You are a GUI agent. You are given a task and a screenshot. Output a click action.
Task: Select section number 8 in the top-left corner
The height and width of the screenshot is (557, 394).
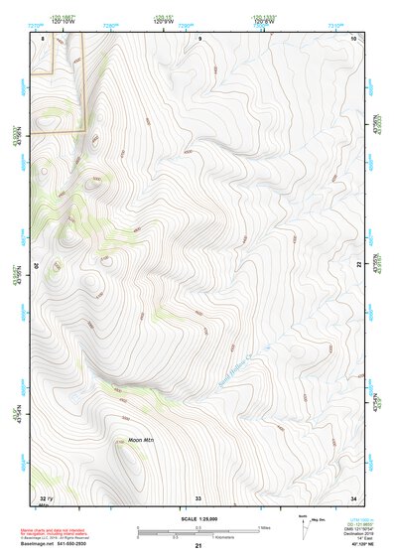click(43, 37)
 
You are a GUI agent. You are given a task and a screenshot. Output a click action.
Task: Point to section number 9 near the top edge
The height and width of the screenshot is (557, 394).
click(199, 37)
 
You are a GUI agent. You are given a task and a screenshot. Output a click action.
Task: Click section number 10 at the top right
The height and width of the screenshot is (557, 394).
click(354, 37)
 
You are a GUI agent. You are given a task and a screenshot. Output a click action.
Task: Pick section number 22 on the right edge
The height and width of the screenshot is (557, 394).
click(359, 264)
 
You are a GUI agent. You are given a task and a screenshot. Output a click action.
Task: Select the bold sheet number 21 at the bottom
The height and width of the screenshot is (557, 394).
click(198, 547)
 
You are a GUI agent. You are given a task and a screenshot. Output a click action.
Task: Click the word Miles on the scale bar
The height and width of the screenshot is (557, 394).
click(264, 527)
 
